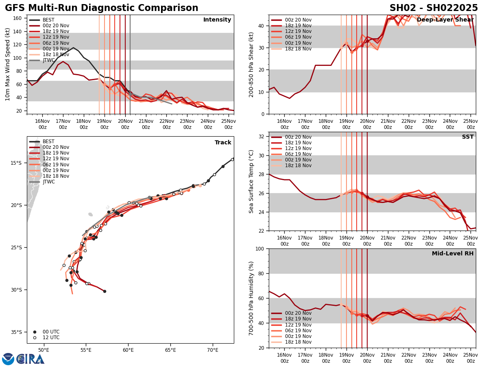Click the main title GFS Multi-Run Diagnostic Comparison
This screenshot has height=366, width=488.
102,8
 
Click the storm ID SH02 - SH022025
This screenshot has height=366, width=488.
434,8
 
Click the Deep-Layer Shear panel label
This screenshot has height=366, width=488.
445,20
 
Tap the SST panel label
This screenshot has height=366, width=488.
468,137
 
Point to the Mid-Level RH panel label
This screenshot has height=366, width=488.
453,254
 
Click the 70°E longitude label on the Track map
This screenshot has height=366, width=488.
213,349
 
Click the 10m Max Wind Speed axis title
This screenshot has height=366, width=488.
8,64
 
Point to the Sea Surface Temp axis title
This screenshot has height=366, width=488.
251,181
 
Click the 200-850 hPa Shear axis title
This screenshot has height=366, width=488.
251,64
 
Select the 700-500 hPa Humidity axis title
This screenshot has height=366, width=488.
251,298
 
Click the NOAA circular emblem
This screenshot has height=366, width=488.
8,359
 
